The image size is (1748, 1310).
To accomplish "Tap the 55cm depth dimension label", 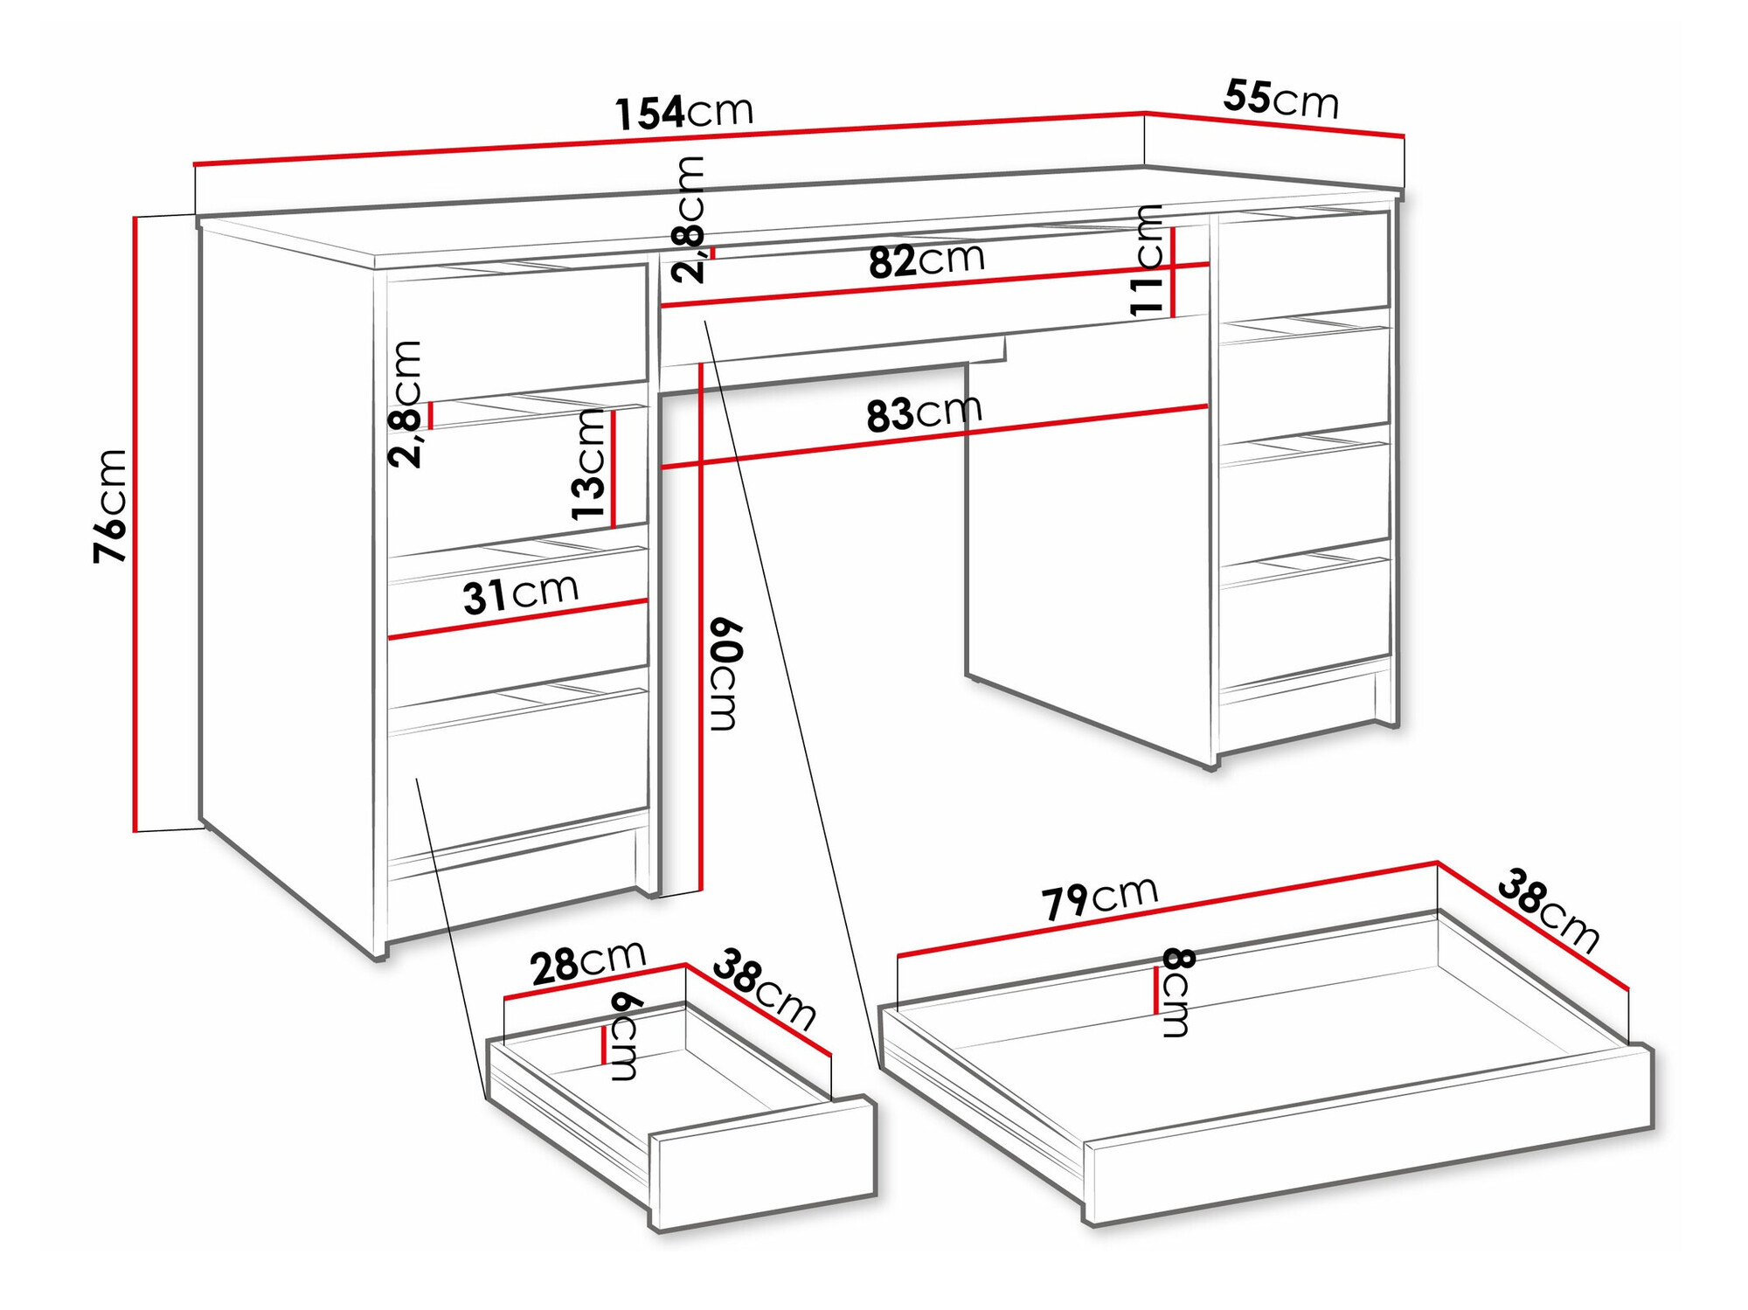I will coord(1280,99).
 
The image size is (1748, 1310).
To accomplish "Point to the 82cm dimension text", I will coord(926,260).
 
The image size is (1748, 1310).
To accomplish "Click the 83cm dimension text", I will coord(924,413).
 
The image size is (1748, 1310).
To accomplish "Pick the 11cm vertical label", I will coord(1146,260).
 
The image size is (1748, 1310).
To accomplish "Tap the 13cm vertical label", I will coord(588,464).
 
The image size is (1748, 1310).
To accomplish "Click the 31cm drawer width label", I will coord(520,594).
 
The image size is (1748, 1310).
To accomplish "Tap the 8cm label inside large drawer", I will coord(1176,993).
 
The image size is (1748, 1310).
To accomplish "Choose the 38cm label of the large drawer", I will coord(1548,910).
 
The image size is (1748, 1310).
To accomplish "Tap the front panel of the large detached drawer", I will coord(1368,1136).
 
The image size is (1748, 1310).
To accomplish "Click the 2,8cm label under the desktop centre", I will coord(689,219).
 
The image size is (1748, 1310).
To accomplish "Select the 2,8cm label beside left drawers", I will coord(406,404).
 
